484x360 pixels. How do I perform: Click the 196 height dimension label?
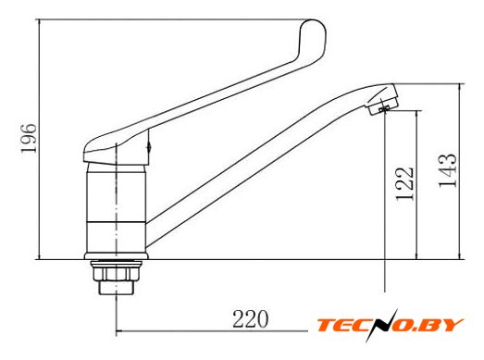coord(29,138)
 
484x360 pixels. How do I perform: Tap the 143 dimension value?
coord(447,170)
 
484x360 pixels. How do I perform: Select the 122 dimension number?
coord(404,184)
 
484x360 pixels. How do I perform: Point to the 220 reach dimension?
coord(250,318)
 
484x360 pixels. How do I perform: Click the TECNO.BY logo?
coord(390,326)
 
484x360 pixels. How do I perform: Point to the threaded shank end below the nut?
coord(116,288)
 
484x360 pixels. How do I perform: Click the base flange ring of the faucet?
coord(117,256)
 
